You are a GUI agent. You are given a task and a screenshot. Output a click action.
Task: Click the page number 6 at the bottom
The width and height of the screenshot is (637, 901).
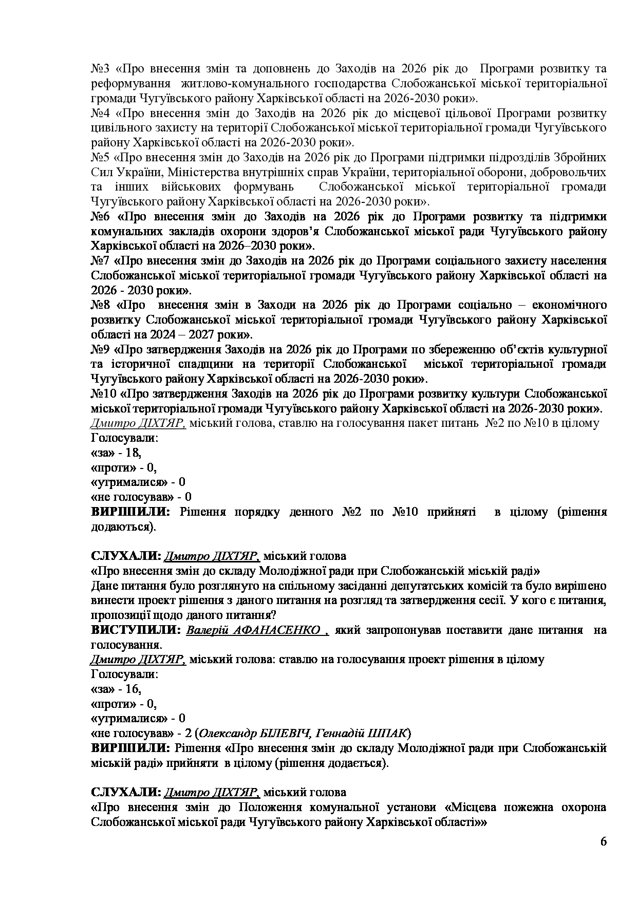tap(603, 842)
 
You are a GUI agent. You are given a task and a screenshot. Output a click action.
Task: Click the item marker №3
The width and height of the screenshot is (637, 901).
tap(99, 69)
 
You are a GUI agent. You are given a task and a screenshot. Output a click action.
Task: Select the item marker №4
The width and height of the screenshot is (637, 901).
tap(99, 113)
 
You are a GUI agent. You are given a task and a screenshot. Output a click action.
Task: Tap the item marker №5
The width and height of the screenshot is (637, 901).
tap(99, 157)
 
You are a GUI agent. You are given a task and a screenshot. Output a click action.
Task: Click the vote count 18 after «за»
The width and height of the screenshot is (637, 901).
tap(133, 453)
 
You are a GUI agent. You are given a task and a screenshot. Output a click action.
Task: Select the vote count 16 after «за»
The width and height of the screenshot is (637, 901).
tap(133, 689)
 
